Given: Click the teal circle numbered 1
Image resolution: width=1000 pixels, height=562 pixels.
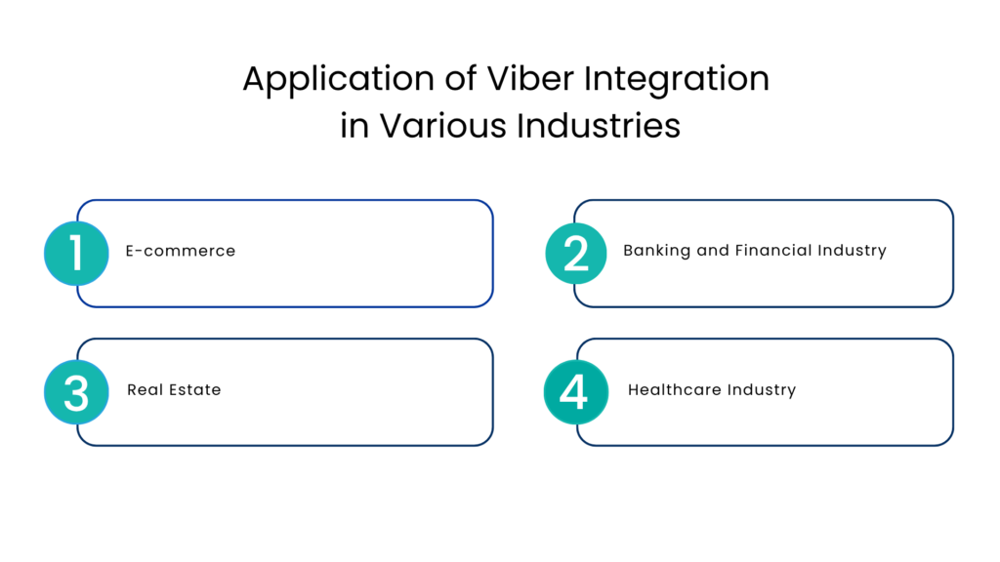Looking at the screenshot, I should coord(76,253).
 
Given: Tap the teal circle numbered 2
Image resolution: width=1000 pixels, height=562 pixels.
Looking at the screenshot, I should coord(576,253).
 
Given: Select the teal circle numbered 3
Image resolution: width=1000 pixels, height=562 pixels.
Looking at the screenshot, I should coord(76,392).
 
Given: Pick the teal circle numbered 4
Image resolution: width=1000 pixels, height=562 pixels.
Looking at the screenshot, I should coord(574,392).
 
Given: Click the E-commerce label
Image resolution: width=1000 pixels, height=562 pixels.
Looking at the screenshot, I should coord(181,251).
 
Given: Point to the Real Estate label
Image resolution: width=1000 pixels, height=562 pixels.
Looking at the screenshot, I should coord(174,389).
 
